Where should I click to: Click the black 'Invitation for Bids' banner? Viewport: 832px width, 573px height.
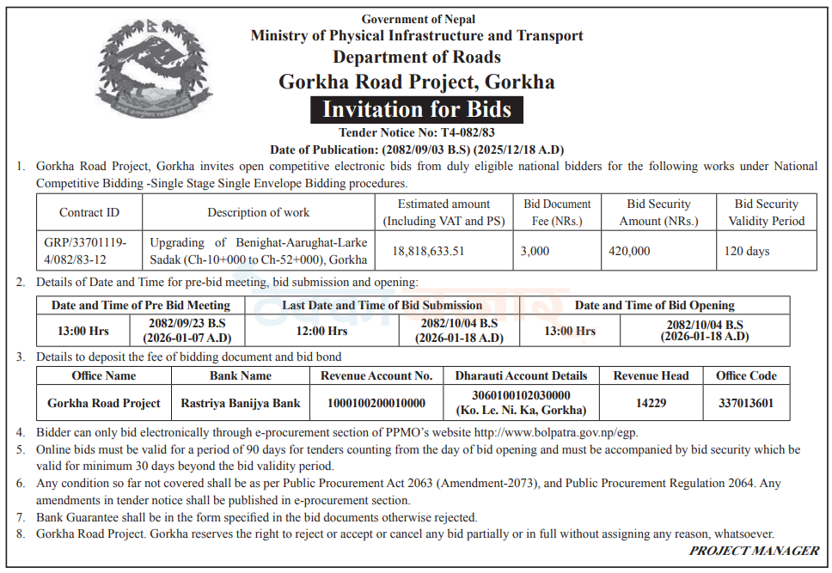(x=416, y=110)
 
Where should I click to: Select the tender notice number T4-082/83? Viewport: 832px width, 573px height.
(x=468, y=132)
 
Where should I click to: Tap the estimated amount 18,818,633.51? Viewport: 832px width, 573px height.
(x=428, y=251)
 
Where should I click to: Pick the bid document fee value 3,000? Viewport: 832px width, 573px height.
(x=535, y=251)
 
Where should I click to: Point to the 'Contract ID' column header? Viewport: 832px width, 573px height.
(x=89, y=212)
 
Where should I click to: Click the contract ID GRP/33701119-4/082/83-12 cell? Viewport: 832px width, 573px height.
(x=85, y=251)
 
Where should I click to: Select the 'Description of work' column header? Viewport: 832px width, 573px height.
(x=259, y=212)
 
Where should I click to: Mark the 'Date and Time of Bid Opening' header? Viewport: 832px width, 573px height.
(x=654, y=305)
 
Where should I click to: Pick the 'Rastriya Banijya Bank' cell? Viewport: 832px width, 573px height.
(x=241, y=403)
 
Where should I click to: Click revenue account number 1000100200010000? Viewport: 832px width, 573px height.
(x=376, y=403)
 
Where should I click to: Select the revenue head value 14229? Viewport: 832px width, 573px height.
(x=652, y=403)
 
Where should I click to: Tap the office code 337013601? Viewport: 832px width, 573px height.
(x=746, y=403)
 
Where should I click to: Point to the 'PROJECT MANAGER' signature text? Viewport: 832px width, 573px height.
(x=754, y=551)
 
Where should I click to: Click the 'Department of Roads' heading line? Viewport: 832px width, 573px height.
(x=417, y=58)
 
